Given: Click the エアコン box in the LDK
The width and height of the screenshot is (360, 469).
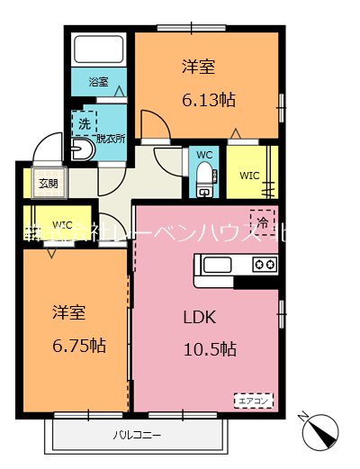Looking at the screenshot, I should [x=254, y=400].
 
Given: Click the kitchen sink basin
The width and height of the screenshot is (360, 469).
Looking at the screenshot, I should [x=217, y=265].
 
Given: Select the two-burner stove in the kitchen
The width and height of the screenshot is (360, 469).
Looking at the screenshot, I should [x=264, y=265].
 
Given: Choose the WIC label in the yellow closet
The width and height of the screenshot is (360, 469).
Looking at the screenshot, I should [x=248, y=174].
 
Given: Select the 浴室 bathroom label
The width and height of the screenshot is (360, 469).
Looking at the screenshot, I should [x=98, y=82].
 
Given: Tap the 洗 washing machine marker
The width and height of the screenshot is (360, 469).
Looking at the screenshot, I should [x=85, y=122].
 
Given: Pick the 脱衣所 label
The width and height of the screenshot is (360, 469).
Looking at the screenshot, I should [x=111, y=140].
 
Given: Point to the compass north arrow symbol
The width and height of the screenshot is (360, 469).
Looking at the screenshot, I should [x=322, y=433].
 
